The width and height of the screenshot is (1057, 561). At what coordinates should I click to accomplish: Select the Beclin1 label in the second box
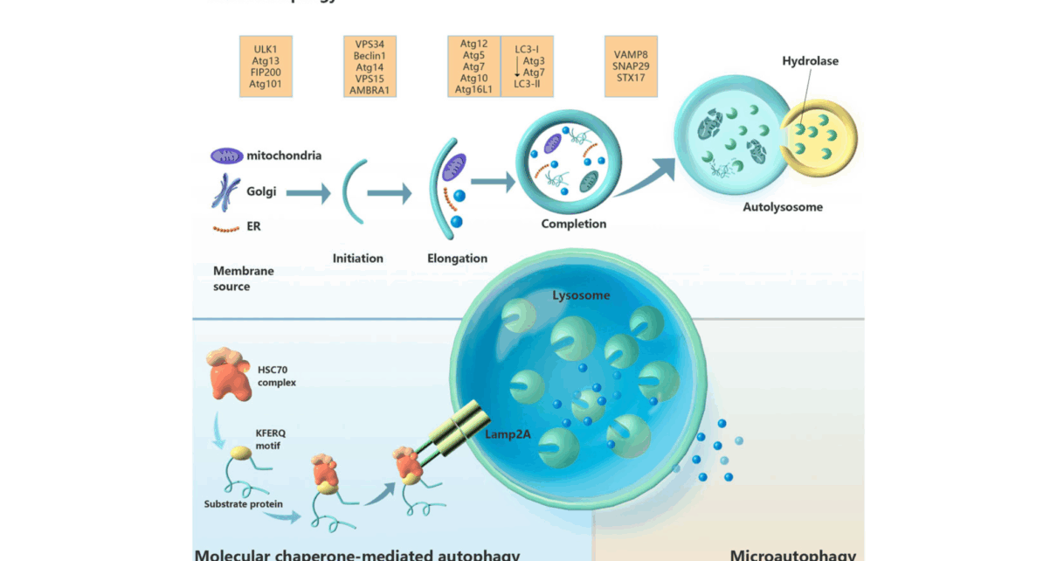tap(370, 55)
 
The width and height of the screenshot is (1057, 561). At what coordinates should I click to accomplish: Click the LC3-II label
tap(528, 84)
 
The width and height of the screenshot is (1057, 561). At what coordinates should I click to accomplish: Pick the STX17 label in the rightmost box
tap(631, 78)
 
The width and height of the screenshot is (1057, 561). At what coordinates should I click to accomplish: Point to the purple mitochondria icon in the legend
tap(226, 156)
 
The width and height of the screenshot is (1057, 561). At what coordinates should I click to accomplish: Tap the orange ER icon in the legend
tap(226, 228)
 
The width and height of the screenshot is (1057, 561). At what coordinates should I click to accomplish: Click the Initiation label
tap(357, 258)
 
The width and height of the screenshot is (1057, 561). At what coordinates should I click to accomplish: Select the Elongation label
tap(457, 258)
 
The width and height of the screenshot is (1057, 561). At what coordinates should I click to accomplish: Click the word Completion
tap(573, 224)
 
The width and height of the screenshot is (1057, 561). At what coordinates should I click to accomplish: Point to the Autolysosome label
tap(783, 207)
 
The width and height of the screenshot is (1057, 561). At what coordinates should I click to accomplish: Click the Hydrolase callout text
tap(810, 61)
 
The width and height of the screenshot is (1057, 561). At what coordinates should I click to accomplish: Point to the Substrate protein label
tap(243, 504)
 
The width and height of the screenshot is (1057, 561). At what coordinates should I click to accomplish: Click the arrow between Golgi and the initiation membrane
tap(308, 193)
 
